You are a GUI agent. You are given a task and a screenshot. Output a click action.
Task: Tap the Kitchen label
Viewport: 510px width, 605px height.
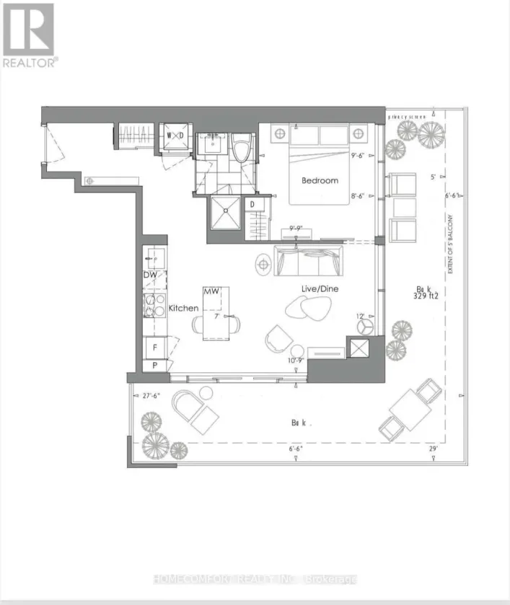[183, 308]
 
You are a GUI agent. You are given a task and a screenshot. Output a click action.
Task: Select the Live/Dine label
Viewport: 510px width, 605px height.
[320, 288]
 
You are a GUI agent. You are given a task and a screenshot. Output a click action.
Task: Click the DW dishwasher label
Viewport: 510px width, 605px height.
[150, 275]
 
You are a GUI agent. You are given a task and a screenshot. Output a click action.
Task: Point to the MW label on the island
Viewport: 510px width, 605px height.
[211, 291]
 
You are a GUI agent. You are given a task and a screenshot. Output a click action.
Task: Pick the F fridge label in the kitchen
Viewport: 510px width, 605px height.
[154, 347]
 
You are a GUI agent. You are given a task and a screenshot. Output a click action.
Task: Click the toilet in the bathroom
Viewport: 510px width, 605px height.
[242, 147]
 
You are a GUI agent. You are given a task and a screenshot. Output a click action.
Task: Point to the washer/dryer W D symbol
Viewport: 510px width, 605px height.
[175, 136]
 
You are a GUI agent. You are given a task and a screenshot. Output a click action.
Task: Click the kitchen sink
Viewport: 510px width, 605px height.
[154, 257]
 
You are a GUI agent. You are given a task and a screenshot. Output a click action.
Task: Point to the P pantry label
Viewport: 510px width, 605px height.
[154, 366]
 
